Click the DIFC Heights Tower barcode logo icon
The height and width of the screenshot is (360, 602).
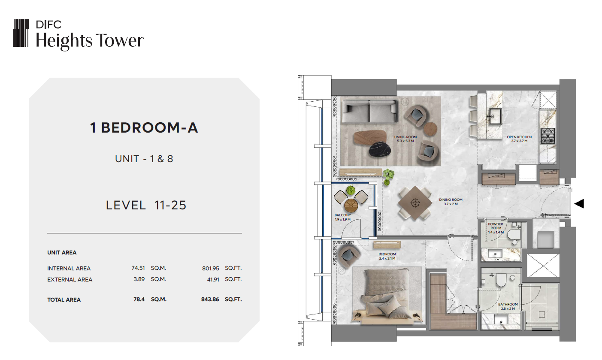point(21,33)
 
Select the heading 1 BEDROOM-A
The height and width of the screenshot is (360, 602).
point(144,127)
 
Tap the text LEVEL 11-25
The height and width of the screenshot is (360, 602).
point(146,205)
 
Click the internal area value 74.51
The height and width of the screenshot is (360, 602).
point(138,268)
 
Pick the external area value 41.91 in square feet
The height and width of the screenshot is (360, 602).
point(213,279)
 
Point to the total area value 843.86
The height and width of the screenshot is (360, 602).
point(210,299)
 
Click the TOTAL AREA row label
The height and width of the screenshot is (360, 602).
point(64,299)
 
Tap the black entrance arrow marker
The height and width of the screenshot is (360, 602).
point(579,204)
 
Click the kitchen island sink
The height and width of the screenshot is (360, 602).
point(495,116)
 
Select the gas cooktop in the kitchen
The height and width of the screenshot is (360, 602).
point(548,136)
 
